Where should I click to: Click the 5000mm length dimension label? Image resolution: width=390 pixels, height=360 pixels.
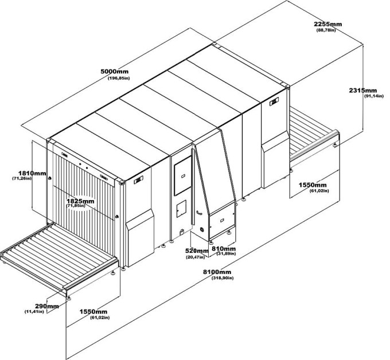[x=114, y=72]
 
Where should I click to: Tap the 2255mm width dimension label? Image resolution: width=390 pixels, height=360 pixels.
[x=328, y=24]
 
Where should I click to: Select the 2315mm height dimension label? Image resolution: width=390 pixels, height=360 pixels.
[x=363, y=91]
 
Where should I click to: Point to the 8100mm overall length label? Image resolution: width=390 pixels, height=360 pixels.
[x=217, y=272]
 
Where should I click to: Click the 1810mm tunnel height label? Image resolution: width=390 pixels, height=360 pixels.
[x=32, y=173]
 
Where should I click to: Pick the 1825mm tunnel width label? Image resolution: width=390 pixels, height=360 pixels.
[x=80, y=201]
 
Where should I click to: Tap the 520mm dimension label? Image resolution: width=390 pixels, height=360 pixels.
[x=197, y=251]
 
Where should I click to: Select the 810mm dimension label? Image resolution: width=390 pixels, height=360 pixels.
[x=224, y=249]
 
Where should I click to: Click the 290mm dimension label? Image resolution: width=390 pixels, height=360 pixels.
[x=47, y=306]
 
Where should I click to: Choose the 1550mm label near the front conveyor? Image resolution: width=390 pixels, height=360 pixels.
[x=93, y=312]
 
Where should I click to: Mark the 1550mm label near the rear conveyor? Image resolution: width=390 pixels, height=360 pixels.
[x=313, y=185]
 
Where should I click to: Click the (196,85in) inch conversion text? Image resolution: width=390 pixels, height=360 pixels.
[x=119, y=78]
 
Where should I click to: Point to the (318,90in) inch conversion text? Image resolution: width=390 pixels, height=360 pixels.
[x=223, y=278]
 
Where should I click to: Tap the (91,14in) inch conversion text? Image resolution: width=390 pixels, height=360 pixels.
[x=374, y=96]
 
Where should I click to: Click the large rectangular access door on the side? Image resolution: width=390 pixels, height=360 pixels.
[x=183, y=176]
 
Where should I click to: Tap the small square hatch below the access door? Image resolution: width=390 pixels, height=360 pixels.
[x=181, y=209]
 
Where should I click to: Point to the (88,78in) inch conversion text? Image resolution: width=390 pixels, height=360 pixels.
[x=326, y=30]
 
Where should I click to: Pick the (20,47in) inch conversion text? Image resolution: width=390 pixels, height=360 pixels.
[x=195, y=257]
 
